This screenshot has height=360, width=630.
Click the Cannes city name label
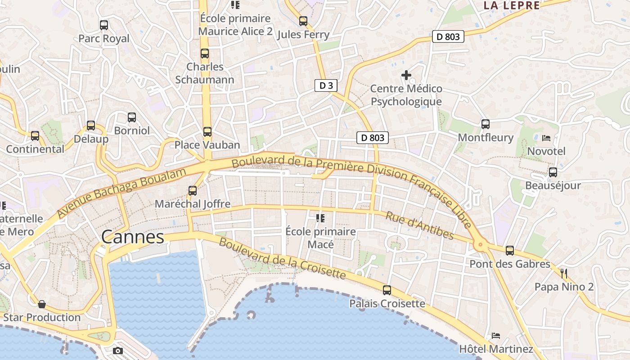132,237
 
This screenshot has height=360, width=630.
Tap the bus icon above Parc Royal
104,25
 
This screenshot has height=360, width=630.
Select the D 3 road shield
326,86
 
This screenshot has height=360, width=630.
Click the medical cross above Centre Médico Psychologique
406,75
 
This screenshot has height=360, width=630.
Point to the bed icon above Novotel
546,138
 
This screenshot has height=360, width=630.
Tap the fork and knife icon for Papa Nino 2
564,273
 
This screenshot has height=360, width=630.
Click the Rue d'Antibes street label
419,225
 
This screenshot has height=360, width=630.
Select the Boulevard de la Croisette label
282,258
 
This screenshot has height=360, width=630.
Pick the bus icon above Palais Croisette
387,290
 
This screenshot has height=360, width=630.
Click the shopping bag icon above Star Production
42,304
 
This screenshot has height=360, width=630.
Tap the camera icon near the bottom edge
118,351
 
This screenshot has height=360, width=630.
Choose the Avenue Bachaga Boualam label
121,193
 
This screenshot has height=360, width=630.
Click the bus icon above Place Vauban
207,131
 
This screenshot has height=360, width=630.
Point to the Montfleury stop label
486,137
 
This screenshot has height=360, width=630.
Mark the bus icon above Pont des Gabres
509,251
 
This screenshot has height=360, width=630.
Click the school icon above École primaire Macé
320,218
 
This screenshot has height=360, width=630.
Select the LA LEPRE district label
511,5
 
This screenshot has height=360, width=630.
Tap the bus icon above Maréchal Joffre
193,190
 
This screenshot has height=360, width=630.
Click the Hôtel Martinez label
496,349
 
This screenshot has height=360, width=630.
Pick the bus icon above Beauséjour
553,172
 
